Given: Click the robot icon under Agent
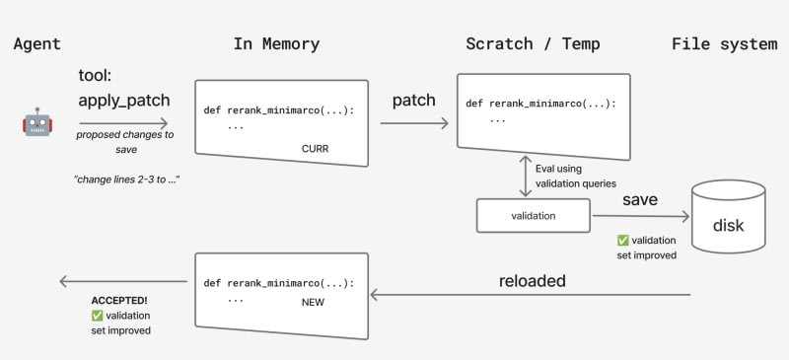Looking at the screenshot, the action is click(37, 121).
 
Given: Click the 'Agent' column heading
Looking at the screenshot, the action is click(37, 44).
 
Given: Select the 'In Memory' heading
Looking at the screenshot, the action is click(276, 44).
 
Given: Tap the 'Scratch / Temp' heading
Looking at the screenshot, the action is click(533, 44).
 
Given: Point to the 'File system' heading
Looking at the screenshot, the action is click(725, 44).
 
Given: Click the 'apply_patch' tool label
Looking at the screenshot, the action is click(124, 101).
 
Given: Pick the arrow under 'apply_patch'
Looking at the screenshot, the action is click(123, 123).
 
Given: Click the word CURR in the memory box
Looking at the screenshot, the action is click(315, 149).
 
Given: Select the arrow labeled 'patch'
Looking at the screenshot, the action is click(414, 123).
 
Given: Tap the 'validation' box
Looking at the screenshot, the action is click(534, 215).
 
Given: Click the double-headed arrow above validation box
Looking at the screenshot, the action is click(526, 176).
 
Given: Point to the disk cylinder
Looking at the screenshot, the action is click(729, 217).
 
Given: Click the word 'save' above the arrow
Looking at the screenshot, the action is click(640, 199).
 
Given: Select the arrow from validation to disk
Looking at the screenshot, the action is click(640, 217).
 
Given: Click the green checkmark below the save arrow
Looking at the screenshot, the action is click(623, 241).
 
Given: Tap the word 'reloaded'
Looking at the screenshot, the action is click(533, 281).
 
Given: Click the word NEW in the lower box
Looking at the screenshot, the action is click(313, 303).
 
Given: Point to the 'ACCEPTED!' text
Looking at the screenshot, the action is click(119, 301).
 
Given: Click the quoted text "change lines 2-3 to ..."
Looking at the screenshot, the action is click(127, 180).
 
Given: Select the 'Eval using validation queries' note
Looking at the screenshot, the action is click(576, 177).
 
